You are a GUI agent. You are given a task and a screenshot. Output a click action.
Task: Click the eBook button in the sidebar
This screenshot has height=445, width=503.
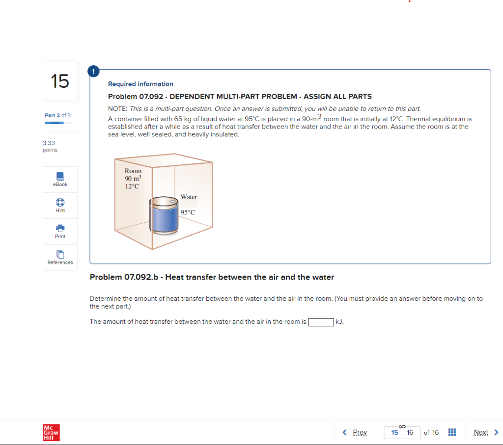pyautogui.click(x=60, y=179)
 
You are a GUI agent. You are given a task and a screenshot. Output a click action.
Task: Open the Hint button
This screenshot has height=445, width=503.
pyautogui.click(x=60, y=205)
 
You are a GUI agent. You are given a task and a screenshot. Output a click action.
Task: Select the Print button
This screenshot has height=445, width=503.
pyautogui.click(x=60, y=231)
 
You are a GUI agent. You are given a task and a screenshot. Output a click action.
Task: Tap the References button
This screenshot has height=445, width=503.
pyautogui.click(x=60, y=257)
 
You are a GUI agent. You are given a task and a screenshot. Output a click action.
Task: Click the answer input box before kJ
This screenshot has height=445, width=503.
pyautogui.click(x=321, y=322)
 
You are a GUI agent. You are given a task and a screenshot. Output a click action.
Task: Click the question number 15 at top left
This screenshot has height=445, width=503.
pyautogui.click(x=60, y=80)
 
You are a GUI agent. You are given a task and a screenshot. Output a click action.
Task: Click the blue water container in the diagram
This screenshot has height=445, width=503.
pyautogui.click(x=165, y=219)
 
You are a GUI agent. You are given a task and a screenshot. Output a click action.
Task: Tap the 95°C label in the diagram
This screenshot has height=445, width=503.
pyautogui.click(x=188, y=212)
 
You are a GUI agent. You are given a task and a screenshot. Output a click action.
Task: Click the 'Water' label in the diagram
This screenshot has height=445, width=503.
pyautogui.click(x=189, y=197)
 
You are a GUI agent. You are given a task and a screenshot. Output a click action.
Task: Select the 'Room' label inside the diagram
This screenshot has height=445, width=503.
pyautogui.click(x=133, y=171)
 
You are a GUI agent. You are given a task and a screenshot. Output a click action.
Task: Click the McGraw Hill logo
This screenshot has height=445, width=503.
pyautogui.click(x=51, y=432)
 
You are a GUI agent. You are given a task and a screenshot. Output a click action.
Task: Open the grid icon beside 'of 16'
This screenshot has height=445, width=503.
pyautogui.click(x=452, y=432)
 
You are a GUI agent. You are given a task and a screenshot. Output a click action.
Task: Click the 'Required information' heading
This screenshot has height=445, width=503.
pyautogui.click(x=140, y=84)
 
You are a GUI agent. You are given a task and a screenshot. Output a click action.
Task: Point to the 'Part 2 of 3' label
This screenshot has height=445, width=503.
pyautogui.click(x=57, y=115)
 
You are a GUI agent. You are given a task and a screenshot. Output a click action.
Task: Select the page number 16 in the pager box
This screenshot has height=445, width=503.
pyautogui.click(x=410, y=432)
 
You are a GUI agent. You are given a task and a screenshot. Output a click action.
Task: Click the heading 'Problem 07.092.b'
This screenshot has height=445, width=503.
pyautogui.click(x=212, y=277)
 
